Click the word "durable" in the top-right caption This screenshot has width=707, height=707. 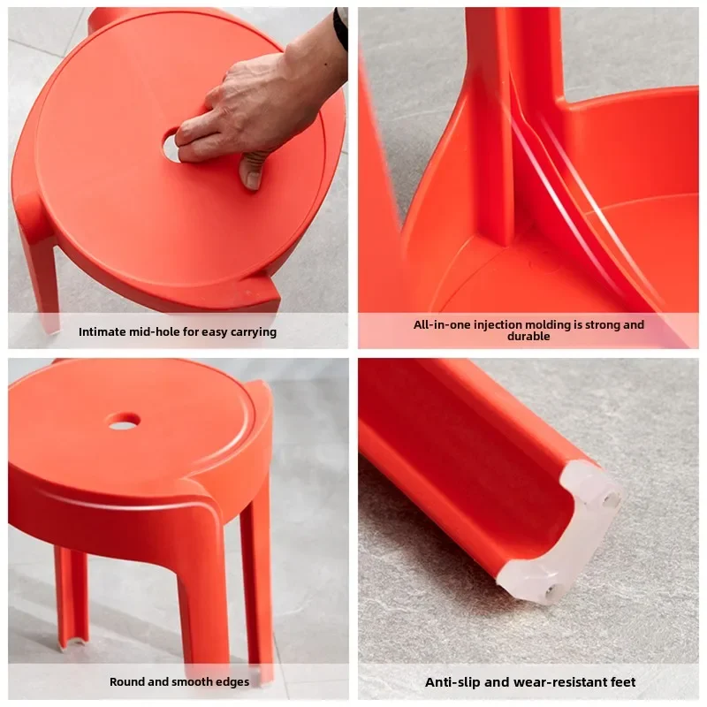(528, 337)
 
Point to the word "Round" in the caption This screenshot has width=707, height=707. (127, 681)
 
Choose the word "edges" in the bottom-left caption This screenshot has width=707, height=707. (232, 681)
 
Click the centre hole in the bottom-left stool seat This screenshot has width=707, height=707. (124, 421)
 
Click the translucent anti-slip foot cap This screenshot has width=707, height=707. (566, 530)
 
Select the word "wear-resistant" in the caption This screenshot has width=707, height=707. (556, 681)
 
